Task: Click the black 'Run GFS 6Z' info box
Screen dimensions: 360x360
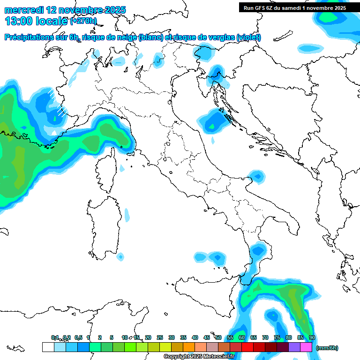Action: click(x=293, y=7)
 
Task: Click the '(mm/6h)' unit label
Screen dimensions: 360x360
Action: click(x=327, y=348)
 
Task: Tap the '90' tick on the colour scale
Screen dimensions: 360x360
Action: click(x=312, y=337)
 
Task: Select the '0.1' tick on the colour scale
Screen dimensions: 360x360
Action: click(x=54, y=337)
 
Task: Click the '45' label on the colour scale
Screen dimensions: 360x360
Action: click(x=207, y=337)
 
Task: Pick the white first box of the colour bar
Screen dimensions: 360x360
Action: click(x=48, y=347)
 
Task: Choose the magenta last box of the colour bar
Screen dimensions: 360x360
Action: click(x=306, y=347)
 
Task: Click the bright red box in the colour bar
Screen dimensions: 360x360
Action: click(x=247, y=347)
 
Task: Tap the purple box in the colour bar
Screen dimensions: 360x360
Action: click(x=294, y=347)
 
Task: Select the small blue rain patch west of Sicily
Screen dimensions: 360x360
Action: click(x=121, y=256)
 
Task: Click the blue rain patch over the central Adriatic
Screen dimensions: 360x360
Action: click(x=215, y=121)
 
